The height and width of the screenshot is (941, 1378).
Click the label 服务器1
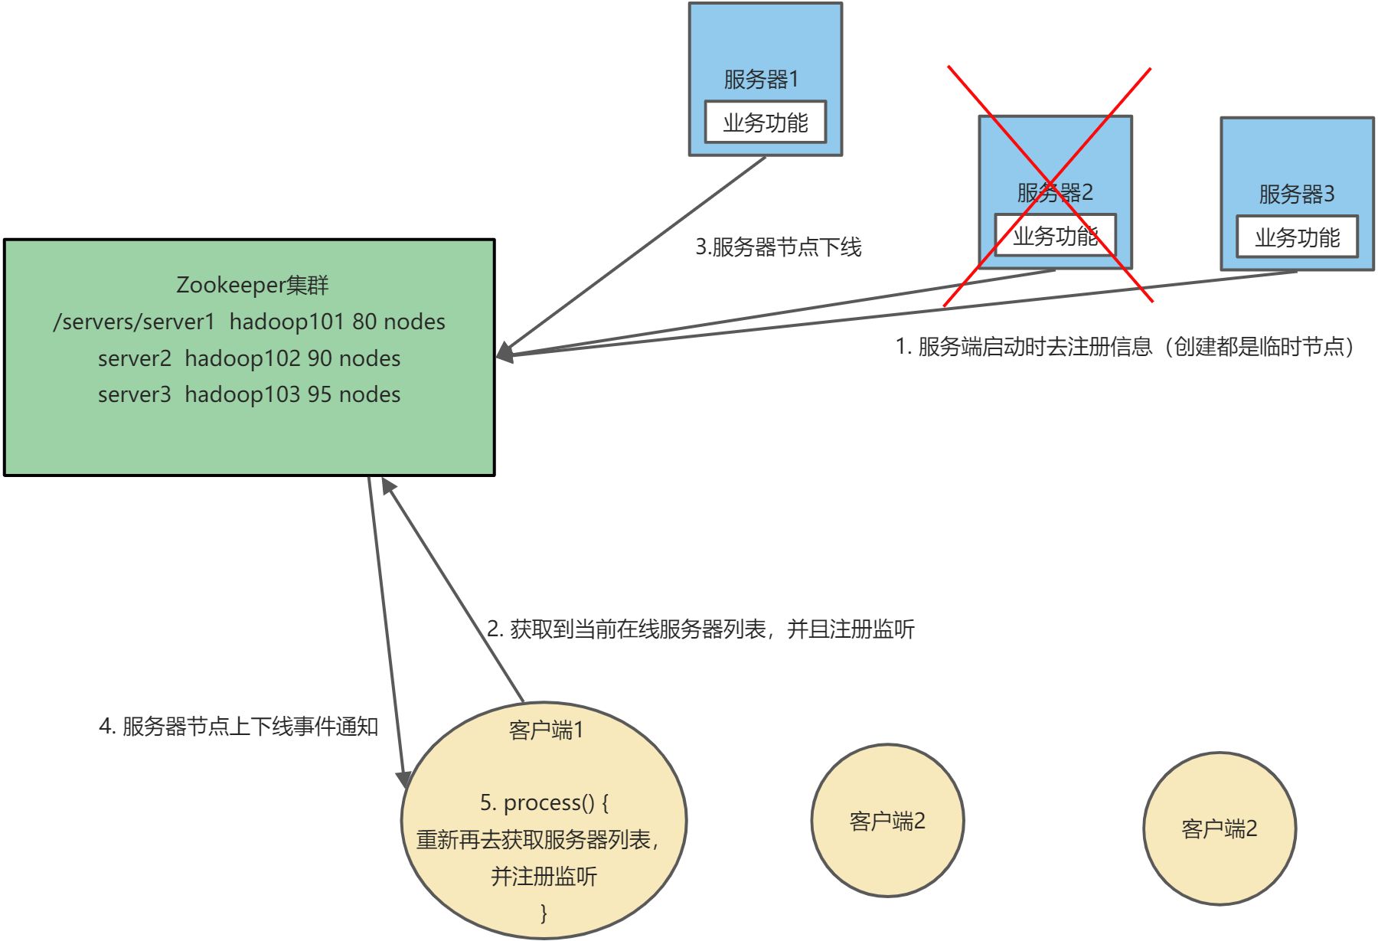[761, 79]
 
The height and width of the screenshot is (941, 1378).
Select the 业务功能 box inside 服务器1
[765, 123]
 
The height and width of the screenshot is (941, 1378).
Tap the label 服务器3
[1296, 194]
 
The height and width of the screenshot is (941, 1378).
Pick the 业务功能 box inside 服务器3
[1297, 237]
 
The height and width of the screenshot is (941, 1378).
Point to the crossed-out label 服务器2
[1054, 192]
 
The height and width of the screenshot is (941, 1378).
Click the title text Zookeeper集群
[252, 285]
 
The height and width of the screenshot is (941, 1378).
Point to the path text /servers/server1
[134, 322]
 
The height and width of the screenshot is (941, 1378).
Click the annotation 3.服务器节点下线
[778, 247]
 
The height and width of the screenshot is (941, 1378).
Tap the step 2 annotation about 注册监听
[700, 629]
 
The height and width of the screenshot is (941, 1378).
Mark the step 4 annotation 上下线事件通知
[239, 726]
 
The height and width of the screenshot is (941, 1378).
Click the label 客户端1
[546, 730]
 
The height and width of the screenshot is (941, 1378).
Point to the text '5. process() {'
[544, 802]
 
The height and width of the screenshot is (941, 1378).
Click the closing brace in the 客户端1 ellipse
[544, 913]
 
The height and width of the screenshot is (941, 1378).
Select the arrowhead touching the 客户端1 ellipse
[403, 778]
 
